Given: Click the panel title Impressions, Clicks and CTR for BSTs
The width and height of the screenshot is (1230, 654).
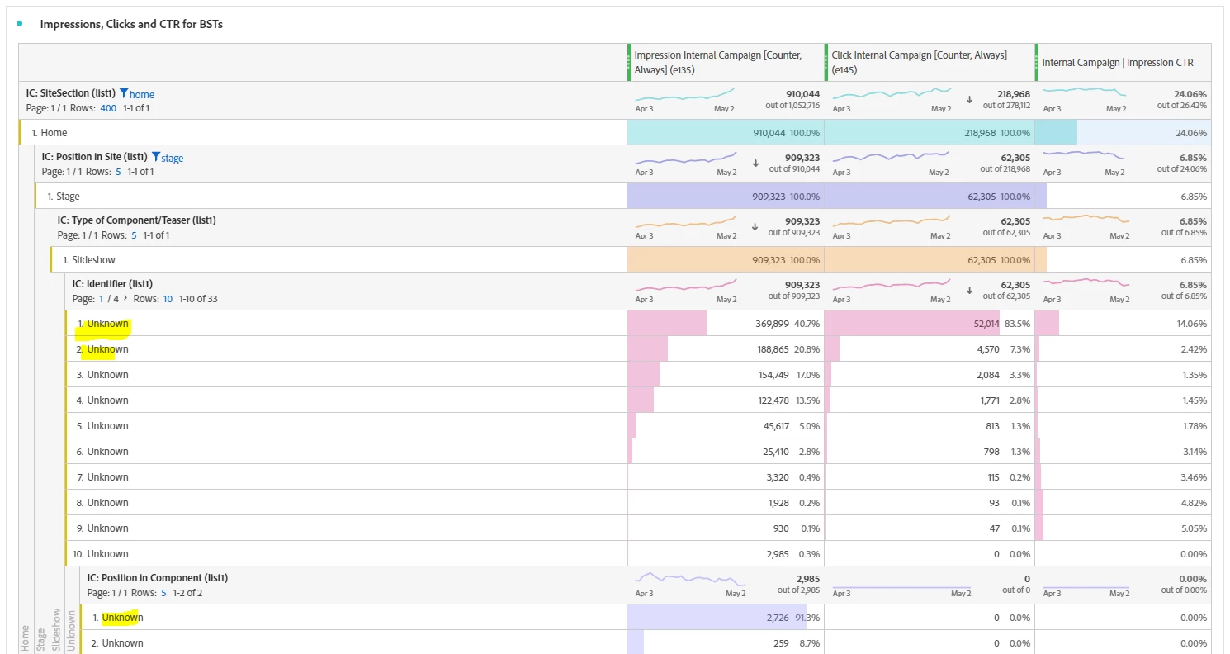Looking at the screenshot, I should [x=131, y=24].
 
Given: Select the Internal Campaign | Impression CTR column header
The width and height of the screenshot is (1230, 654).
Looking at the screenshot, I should [x=1117, y=63].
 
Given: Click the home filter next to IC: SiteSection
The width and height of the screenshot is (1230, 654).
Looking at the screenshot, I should [x=137, y=94].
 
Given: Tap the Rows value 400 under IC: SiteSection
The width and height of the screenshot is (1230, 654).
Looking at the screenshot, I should [x=108, y=108].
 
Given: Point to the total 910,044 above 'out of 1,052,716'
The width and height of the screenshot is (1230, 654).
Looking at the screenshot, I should [x=798, y=93].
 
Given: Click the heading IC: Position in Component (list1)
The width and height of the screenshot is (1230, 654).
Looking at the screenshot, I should [x=157, y=578].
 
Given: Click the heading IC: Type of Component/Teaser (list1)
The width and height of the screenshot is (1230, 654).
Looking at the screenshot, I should [x=136, y=220].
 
